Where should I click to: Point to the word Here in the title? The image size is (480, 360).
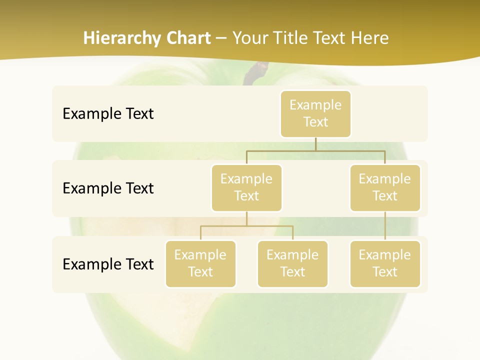pos(369,38)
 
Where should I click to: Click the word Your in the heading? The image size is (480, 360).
pos(250,38)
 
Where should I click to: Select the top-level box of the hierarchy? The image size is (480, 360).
pos(315,114)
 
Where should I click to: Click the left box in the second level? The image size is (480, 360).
pos(246,188)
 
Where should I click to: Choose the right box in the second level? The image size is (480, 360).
pos(385,188)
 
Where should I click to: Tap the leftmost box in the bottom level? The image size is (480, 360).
pos(200,264)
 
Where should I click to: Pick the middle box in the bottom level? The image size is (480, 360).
pos(292,264)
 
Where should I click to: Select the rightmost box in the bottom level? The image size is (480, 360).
pos(385,264)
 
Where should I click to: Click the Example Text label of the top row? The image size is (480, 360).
pos(108,114)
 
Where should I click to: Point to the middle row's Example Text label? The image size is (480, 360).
pos(108,188)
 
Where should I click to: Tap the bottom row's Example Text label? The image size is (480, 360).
pos(108,264)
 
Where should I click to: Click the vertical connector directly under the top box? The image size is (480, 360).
pos(315,144)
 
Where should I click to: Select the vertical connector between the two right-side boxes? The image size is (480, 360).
pos(385,226)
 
